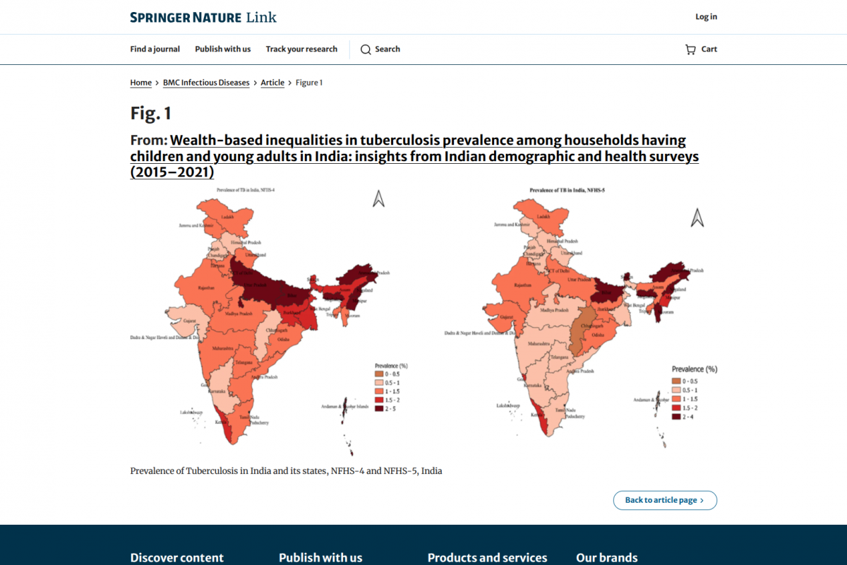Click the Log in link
click(706, 17)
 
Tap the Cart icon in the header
click(690, 49)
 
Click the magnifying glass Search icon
click(366, 49)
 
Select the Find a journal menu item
click(155, 49)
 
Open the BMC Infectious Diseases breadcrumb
click(206, 83)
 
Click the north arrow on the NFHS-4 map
click(378, 200)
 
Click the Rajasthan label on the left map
click(207, 287)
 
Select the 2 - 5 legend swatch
click(380, 409)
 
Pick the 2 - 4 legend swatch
click(676, 417)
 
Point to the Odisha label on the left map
click(282, 340)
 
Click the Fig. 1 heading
click(151, 113)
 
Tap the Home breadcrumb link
click(141, 83)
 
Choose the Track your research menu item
click(301, 49)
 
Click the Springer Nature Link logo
click(203, 17)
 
